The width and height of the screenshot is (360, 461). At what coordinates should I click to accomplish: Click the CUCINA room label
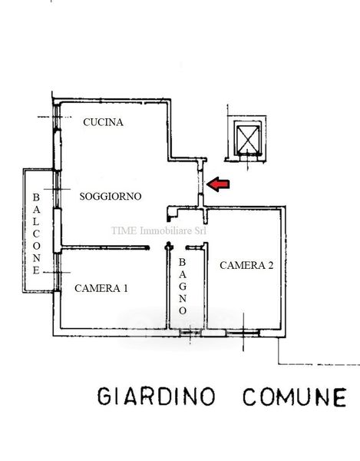(103, 122)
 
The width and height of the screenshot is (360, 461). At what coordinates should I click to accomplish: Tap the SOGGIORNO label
(111, 197)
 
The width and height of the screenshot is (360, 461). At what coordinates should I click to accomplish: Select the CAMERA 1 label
(101, 288)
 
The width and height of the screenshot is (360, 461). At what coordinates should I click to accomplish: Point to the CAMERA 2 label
(246, 266)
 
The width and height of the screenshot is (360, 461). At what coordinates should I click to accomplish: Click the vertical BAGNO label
(183, 287)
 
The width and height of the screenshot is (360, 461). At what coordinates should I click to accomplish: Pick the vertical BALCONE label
(36, 234)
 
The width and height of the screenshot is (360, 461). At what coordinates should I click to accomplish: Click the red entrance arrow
(218, 184)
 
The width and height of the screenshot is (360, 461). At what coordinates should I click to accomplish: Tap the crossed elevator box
(248, 141)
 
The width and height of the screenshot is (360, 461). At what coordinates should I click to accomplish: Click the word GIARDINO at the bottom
(157, 396)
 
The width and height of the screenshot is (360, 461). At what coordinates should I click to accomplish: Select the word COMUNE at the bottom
(295, 397)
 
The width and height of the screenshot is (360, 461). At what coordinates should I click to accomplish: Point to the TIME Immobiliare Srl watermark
(159, 230)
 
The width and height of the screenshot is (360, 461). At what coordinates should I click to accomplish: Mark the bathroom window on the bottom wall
(190, 333)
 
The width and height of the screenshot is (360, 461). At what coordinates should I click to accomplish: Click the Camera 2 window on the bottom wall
(243, 333)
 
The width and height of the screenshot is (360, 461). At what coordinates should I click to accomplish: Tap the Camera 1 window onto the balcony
(58, 272)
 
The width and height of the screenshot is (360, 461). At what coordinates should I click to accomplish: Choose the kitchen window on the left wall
(57, 117)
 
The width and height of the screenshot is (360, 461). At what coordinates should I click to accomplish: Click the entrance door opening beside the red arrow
(200, 182)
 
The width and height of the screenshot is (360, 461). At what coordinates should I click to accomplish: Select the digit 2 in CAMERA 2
(270, 266)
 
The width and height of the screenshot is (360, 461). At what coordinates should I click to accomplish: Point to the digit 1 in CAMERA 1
(126, 288)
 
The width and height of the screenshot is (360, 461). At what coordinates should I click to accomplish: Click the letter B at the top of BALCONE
(36, 197)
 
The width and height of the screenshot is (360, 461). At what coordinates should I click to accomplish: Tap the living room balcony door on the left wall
(58, 189)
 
